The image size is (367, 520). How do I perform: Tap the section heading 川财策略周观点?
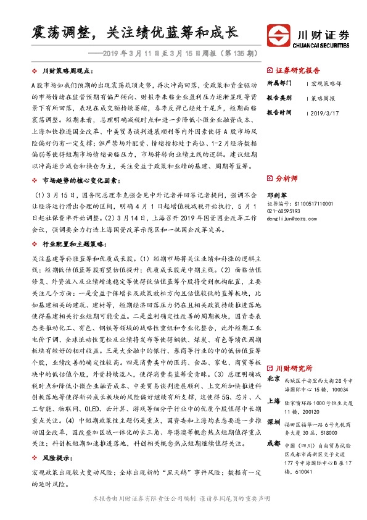tap(68, 71)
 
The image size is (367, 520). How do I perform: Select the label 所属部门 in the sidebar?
tap(279, 84)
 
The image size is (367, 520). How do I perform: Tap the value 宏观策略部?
tap(324, 84)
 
